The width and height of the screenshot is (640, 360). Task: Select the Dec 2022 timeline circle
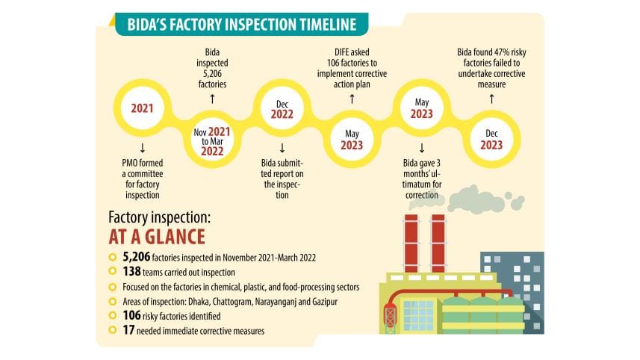[x=282, y=108]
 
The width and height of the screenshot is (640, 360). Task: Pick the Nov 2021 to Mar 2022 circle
[x=211, y=140]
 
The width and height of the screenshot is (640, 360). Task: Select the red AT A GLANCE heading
[x=157, y=238]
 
